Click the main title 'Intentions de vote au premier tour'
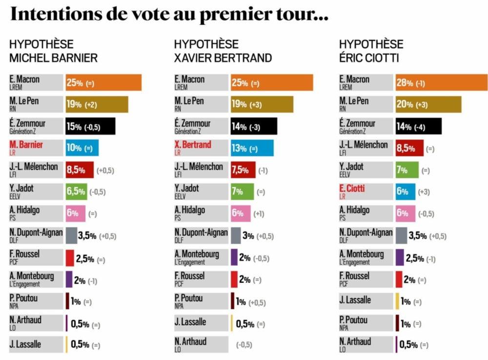pos(168,15)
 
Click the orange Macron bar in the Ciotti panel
pos(442,83)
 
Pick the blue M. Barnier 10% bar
pos(82,148)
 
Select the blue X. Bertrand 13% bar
pos(252,148)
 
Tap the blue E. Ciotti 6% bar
pos(406,191)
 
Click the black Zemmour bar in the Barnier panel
pos(90,126)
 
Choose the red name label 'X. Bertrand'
pos(193,145)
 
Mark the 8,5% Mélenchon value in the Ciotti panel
pos(406,148)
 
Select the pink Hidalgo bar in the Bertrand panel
pos(241,213)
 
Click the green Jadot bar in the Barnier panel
pos(76,191)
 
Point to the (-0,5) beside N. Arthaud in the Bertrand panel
pos(244,345)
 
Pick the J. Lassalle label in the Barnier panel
pos(25,344)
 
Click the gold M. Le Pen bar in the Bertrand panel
pos(262,105)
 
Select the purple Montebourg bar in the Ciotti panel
pos(400,257)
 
